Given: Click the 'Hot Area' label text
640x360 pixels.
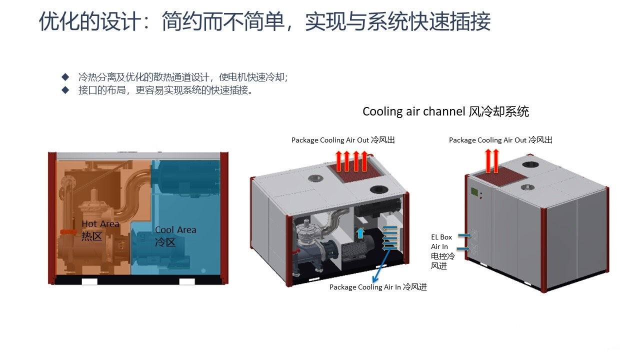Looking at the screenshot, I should point(100,224).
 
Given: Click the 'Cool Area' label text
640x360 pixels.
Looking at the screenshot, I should point(175,230).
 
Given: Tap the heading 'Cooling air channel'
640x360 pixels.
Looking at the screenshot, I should point(414,111).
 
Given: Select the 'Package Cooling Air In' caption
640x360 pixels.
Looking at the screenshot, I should point(365,287).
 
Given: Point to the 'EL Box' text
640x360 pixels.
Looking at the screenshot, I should point(441,237).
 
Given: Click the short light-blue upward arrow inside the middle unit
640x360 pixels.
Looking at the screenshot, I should point(360,232).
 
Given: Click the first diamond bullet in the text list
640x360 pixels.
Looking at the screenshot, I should point(64,77).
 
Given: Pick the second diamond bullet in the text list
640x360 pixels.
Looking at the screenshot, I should point(64,90).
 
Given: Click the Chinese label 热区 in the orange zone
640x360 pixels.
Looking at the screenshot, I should point(91,236).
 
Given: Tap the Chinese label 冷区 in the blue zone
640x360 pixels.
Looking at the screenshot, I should point(165,242).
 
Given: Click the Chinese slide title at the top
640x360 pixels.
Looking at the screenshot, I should point(264,22).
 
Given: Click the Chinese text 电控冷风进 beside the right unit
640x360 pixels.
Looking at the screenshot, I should point(442,261).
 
